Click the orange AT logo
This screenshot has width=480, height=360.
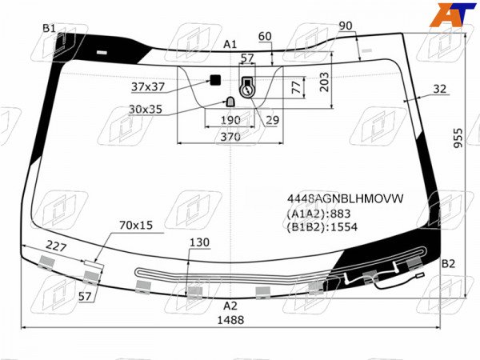click(x=453, y=14)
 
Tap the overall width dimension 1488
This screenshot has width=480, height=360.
click(x=230, y=320)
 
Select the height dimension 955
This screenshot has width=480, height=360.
click(x=458, y=138)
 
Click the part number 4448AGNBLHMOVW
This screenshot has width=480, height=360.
click(x=346, y=198)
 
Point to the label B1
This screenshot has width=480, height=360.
click(x=49, y=29)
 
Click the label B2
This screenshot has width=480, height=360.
click(x=448, y=263)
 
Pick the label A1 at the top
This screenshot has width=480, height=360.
click(x=230, y=44)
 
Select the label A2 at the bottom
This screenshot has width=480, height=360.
click(x=230, y=306)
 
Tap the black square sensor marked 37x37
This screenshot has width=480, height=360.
click(x=215, y=80)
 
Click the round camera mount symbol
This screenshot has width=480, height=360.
click(x=247, y=91)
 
